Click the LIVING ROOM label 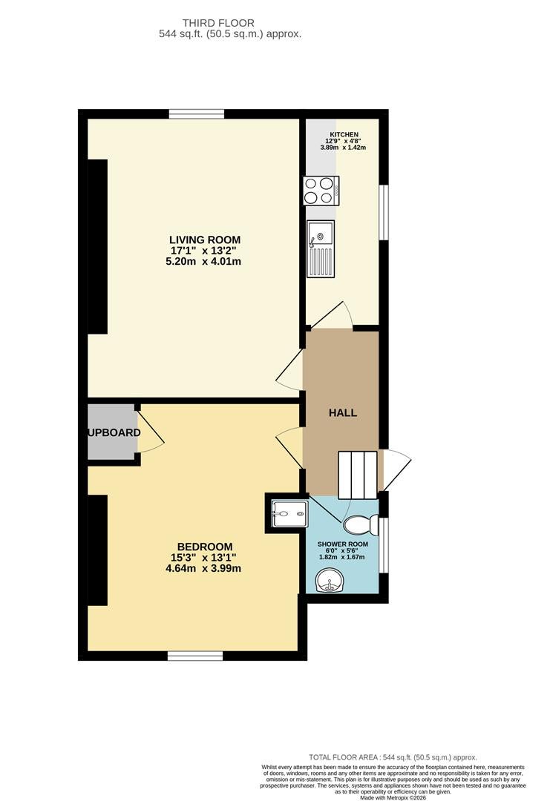tap(204, 240)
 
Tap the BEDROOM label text tap(204, 547)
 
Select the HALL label tap(342, 413)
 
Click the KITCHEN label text tap(344, 134)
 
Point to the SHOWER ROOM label tap(342, 544)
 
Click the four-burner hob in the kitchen tap(321, 191)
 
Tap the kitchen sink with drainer tap(321, 248)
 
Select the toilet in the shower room tap(361, 524)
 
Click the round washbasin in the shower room tap(328, 581)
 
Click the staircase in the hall tap(358, 475)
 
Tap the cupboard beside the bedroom tap(112, 432)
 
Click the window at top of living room tap(197, 114)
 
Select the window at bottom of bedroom tap(195, 656)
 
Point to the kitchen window tap(383, 212)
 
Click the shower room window tap(383, 545)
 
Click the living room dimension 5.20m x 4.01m tap(203, 262)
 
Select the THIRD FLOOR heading tap(218, 23)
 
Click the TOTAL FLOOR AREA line tap(393, 757)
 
